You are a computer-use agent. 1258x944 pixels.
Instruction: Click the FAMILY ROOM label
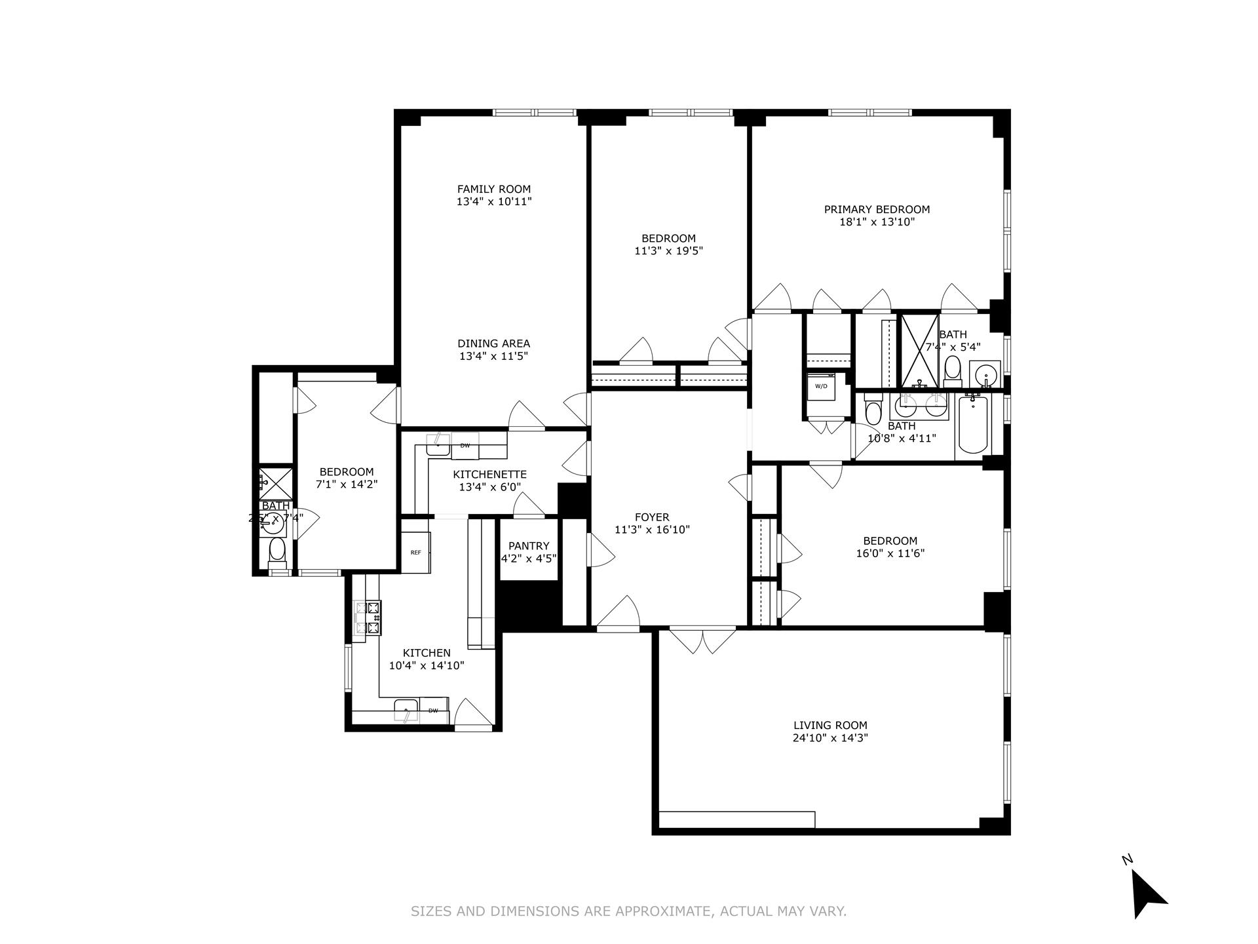point(493,189)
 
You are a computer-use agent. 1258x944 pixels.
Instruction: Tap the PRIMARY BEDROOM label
point(877,210)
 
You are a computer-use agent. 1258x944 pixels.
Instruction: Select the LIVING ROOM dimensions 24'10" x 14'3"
point(830,737)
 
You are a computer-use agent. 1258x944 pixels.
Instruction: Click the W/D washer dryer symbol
point(821,386)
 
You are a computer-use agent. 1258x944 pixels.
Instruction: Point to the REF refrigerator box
point(415,553)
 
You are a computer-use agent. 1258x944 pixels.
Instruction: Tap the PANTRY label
point(529,546)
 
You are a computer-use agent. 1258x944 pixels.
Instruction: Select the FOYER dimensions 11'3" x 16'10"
point(652,530)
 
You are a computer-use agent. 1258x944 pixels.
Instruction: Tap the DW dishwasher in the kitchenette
point(465,446)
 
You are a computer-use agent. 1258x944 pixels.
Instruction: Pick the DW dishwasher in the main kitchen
point(433,711)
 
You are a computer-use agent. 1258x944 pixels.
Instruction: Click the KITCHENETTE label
point(489,474)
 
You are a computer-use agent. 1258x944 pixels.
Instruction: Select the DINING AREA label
point(493,344)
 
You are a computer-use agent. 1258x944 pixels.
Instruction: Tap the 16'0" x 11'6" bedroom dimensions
point(890,553)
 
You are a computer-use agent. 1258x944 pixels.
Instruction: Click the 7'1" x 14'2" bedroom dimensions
point(347,484)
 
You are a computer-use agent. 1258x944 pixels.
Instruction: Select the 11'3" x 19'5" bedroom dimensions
point(668,250)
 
